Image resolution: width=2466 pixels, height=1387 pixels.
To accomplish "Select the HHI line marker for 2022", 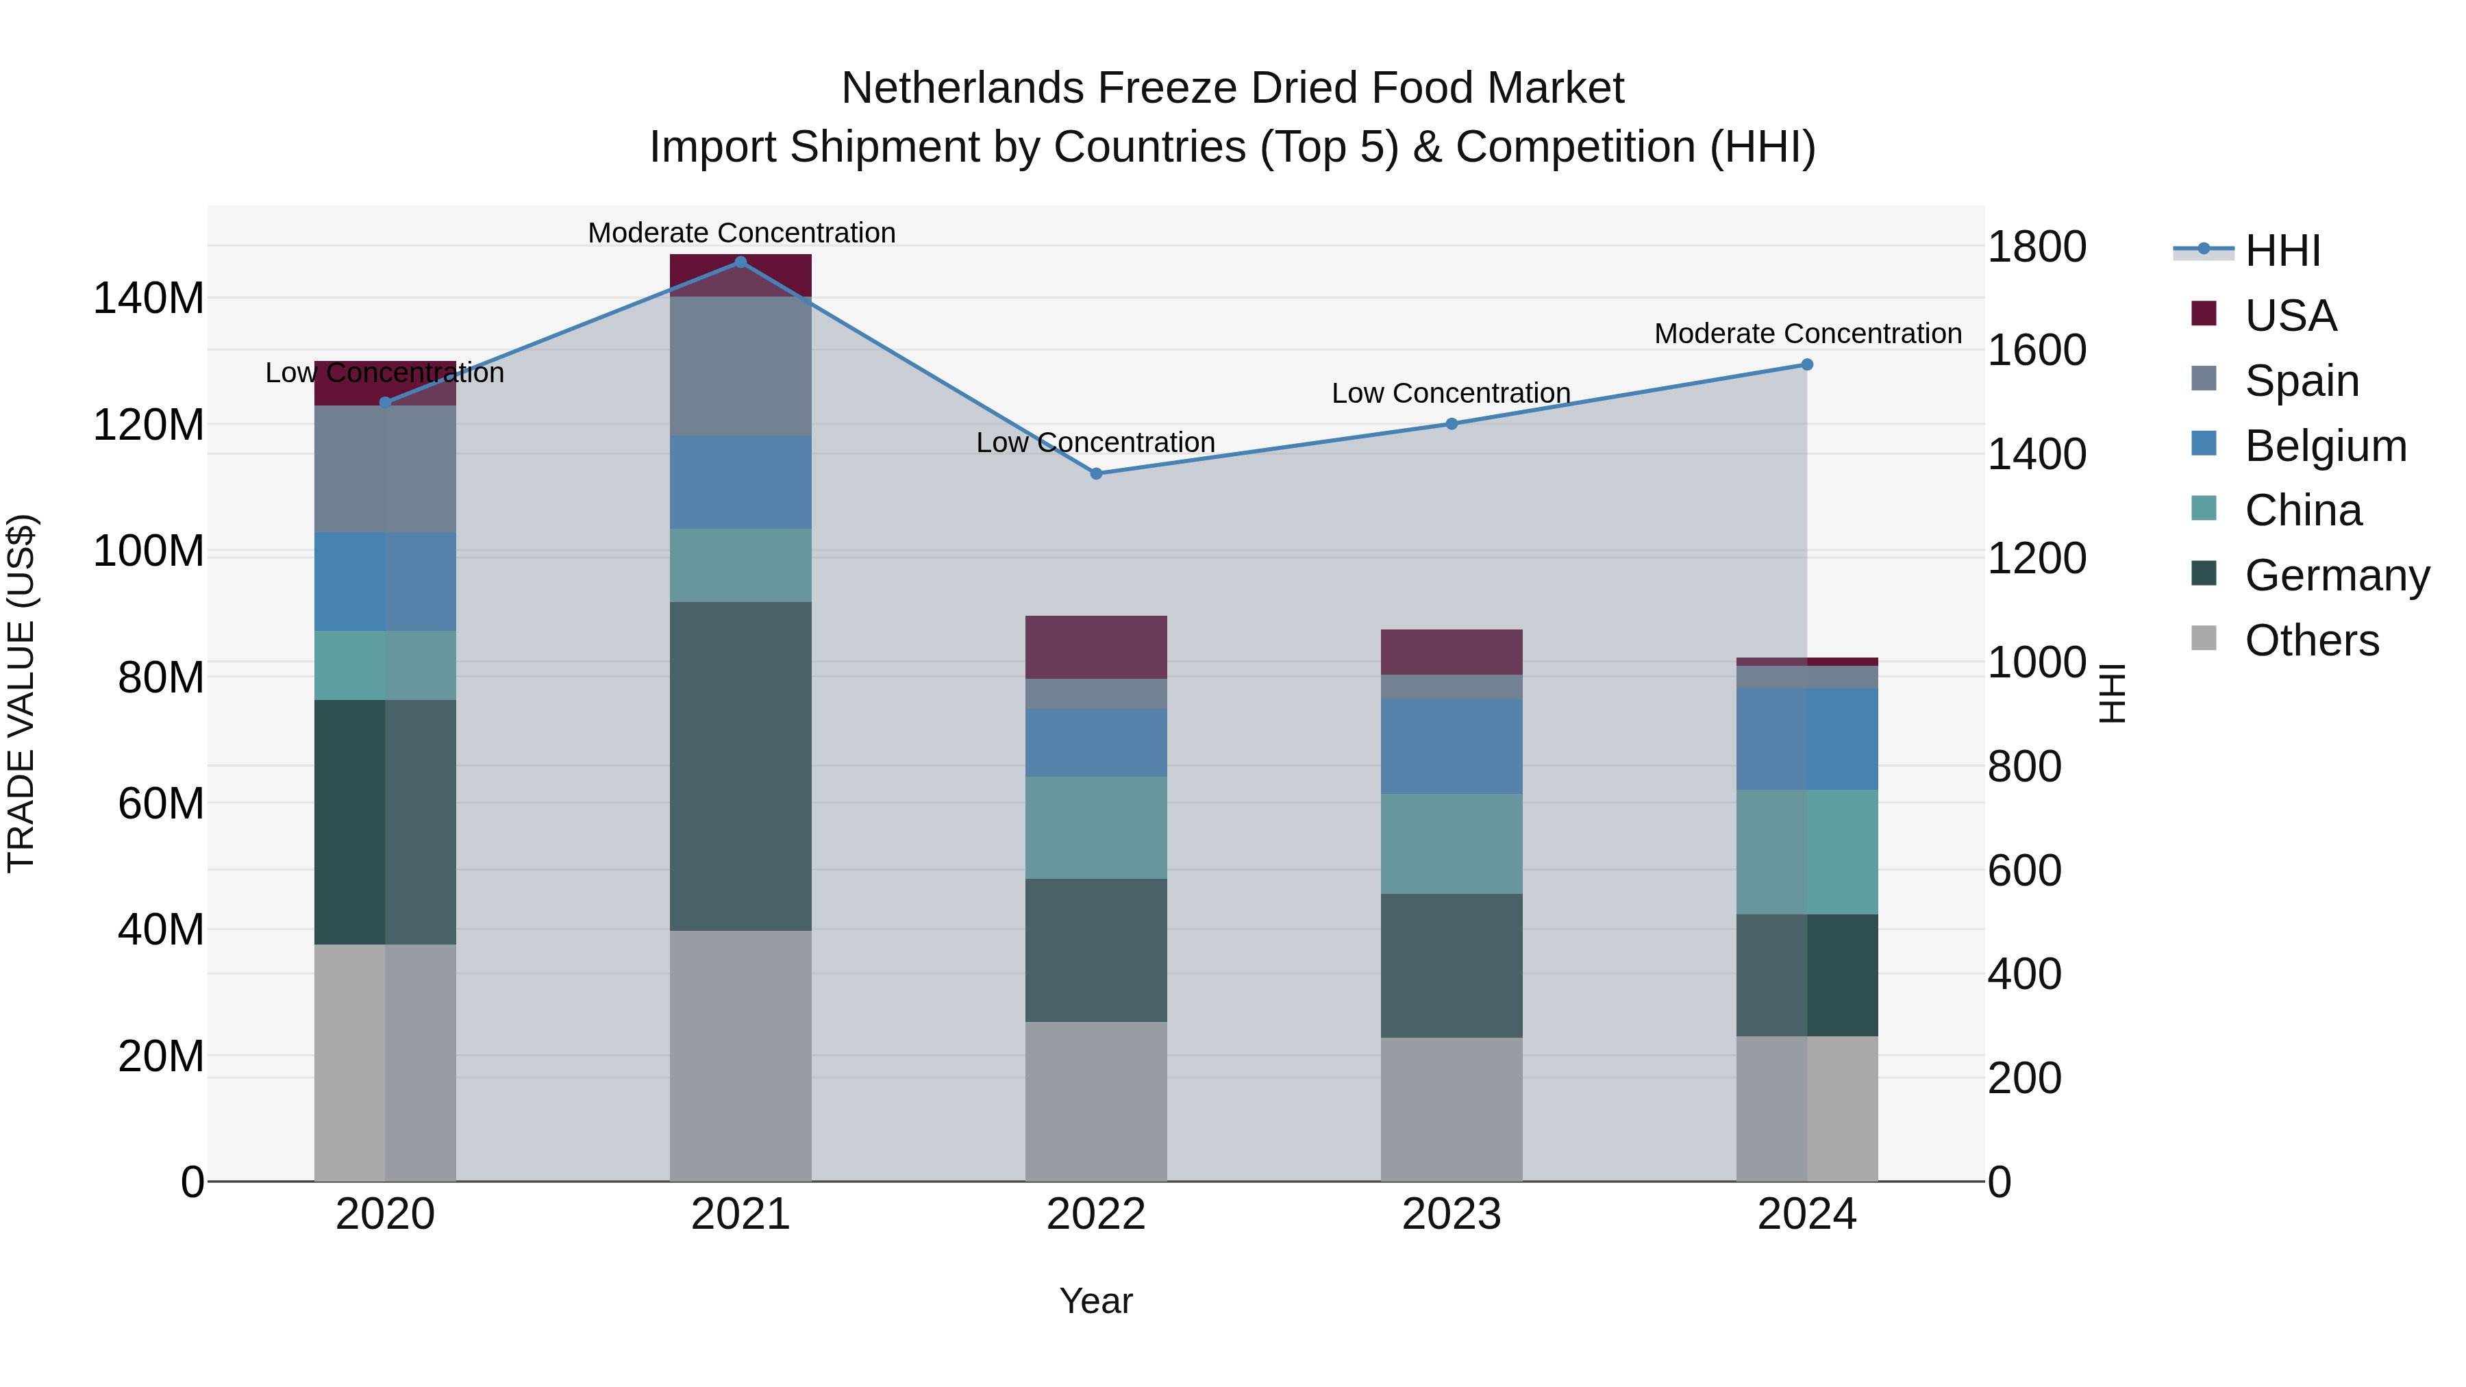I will point(1096,474).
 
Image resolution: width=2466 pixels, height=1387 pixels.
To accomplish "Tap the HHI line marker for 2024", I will point(1808,364).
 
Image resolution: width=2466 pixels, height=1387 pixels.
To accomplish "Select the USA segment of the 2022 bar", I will point(1096,647).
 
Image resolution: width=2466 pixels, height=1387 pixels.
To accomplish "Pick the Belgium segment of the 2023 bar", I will point(1452,747).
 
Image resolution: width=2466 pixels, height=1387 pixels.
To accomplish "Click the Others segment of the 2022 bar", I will point(1096,1101).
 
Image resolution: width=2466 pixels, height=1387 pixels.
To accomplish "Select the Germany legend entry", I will point(2336,575).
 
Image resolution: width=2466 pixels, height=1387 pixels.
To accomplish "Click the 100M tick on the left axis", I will point(149,551).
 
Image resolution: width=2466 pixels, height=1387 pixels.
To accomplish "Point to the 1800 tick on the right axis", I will point(2037,247).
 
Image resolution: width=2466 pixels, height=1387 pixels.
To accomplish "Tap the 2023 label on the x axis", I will point(1452,1214).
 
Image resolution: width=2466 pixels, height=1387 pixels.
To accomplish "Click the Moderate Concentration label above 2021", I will point(741,233).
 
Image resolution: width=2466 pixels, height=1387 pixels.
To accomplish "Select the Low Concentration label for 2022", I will point(1095,442).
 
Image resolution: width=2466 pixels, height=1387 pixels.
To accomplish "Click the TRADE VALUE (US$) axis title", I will point(22,693).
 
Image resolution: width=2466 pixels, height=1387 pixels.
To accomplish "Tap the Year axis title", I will point(1095,1301).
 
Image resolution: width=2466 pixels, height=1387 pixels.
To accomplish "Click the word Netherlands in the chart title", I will point(962,88).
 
